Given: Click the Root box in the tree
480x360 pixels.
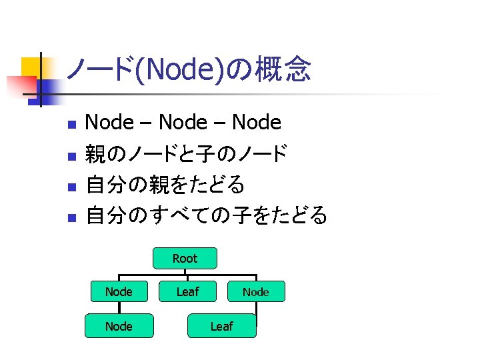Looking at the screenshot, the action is [x=185, y=258].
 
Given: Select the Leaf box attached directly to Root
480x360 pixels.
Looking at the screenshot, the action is [x=187, y=291].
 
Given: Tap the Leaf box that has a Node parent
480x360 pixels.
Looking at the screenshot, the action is [x=221, y=326].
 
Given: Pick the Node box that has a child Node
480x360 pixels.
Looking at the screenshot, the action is [x=119, y=291].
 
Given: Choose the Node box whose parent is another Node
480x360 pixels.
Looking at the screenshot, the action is [x=119, y=326].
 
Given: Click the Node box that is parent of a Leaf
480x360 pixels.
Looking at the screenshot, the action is [x=255, y=292].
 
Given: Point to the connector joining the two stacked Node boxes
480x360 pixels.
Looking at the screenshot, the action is [x=119, y=309].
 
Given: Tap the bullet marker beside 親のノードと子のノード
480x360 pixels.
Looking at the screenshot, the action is [x=73, y=155].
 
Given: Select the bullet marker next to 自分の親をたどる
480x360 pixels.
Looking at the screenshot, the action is [x=73, y=186].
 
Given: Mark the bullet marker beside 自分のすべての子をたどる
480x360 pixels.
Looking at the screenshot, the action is [x=73, y=217].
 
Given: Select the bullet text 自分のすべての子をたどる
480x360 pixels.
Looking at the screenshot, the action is [x=207, y=215].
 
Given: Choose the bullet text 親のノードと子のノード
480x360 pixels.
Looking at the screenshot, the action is [x=187, y=154].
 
